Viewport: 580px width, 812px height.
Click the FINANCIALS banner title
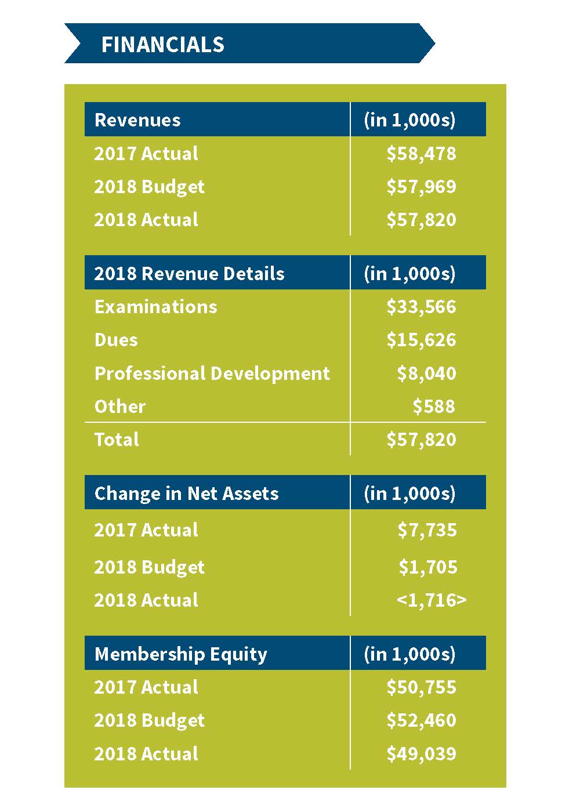coord(163,45)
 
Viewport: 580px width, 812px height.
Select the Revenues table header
coord(137,120)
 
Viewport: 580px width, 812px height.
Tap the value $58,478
coord(421,153)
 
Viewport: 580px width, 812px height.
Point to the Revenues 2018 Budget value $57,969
coord(421,186)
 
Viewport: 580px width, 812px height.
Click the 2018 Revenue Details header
coord(189,273)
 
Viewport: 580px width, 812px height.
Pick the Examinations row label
coord(156,307)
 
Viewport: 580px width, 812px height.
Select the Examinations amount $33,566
coord(421,307)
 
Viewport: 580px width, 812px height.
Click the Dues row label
coord(116,340)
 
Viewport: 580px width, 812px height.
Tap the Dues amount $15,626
coord(421,340)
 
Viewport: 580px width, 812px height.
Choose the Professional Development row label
coord(212,374)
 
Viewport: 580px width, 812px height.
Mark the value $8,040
coord(426,374)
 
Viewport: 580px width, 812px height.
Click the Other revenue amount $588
coord(434,407)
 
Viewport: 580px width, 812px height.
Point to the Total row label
coord(117,440)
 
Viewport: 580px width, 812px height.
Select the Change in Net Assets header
coord(186,494)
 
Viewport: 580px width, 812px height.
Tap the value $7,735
coord(427,530)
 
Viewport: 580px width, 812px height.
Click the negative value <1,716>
coord(432,600)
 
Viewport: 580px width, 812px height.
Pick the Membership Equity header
coord(180,654)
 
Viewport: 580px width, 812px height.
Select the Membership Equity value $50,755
coord(421,687)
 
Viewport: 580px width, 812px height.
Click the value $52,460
coord(421,720)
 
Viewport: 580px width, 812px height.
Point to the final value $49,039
coord(421,753)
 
